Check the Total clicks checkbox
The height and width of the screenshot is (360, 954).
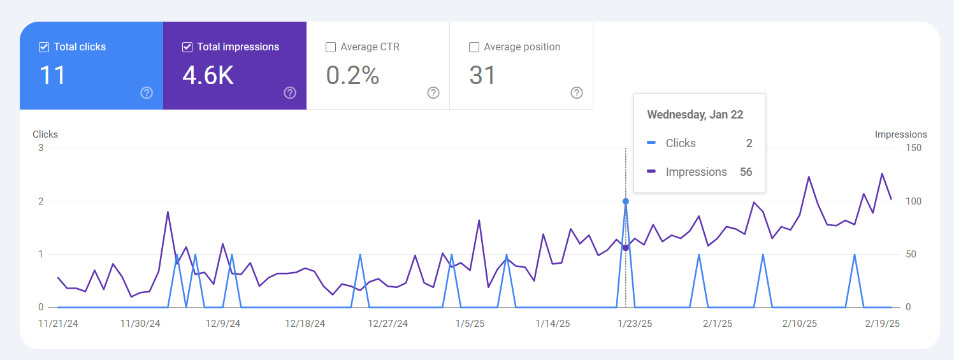[44, 47]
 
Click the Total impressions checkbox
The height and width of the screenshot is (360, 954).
[187, 47]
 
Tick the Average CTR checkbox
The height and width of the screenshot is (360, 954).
[331, 47]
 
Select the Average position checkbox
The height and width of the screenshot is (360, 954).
[474, 47]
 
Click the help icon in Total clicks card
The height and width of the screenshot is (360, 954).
[147, 93]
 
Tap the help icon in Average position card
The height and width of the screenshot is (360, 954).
[577, 93]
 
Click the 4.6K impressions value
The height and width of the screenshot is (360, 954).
[208, 76]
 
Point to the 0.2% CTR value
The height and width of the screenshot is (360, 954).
[352, 76]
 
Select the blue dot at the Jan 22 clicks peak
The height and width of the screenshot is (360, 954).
[626, 201]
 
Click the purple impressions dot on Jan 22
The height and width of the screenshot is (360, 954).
[626, 248]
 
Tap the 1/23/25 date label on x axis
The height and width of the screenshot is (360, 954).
[634, 324]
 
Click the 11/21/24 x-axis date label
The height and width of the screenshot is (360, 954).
[58, 324]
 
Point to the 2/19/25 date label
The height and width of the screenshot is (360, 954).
[881, 324]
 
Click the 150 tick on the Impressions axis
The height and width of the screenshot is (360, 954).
[913, 148]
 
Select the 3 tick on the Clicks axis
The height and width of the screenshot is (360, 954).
[41, 148]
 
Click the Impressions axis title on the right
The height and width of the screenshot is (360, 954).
[900, 134]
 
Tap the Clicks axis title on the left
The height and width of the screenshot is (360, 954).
[45, 134]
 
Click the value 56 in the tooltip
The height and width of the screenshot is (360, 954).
[746, 172]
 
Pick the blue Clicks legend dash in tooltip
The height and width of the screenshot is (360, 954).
[651, 143]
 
